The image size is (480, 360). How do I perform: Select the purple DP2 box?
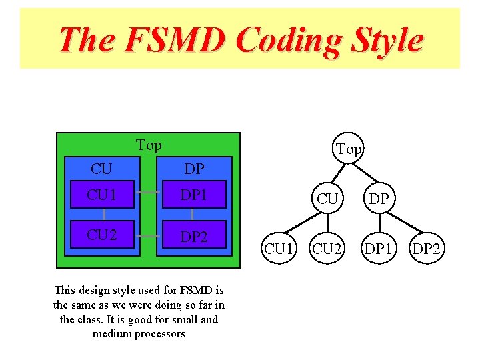point(192,237)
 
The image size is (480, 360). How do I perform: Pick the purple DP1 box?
point(192,195)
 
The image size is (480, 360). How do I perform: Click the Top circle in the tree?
point(349,149)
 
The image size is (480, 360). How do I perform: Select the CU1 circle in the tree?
point(280,249)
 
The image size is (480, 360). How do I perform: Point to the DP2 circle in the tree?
point(427,249)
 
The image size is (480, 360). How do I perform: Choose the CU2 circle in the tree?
point(328,249)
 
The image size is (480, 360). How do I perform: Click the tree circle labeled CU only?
point(327,199)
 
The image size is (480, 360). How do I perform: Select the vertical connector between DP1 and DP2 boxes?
point(192,214)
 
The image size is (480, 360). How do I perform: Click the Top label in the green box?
point(149,145)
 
